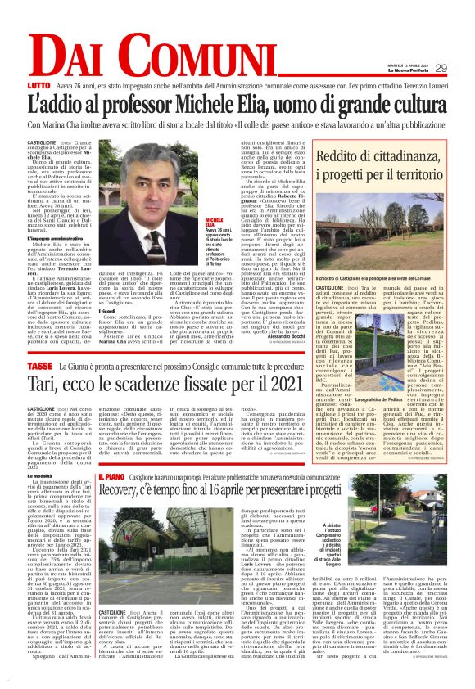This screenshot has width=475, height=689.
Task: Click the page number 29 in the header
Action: tap(440, 68)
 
